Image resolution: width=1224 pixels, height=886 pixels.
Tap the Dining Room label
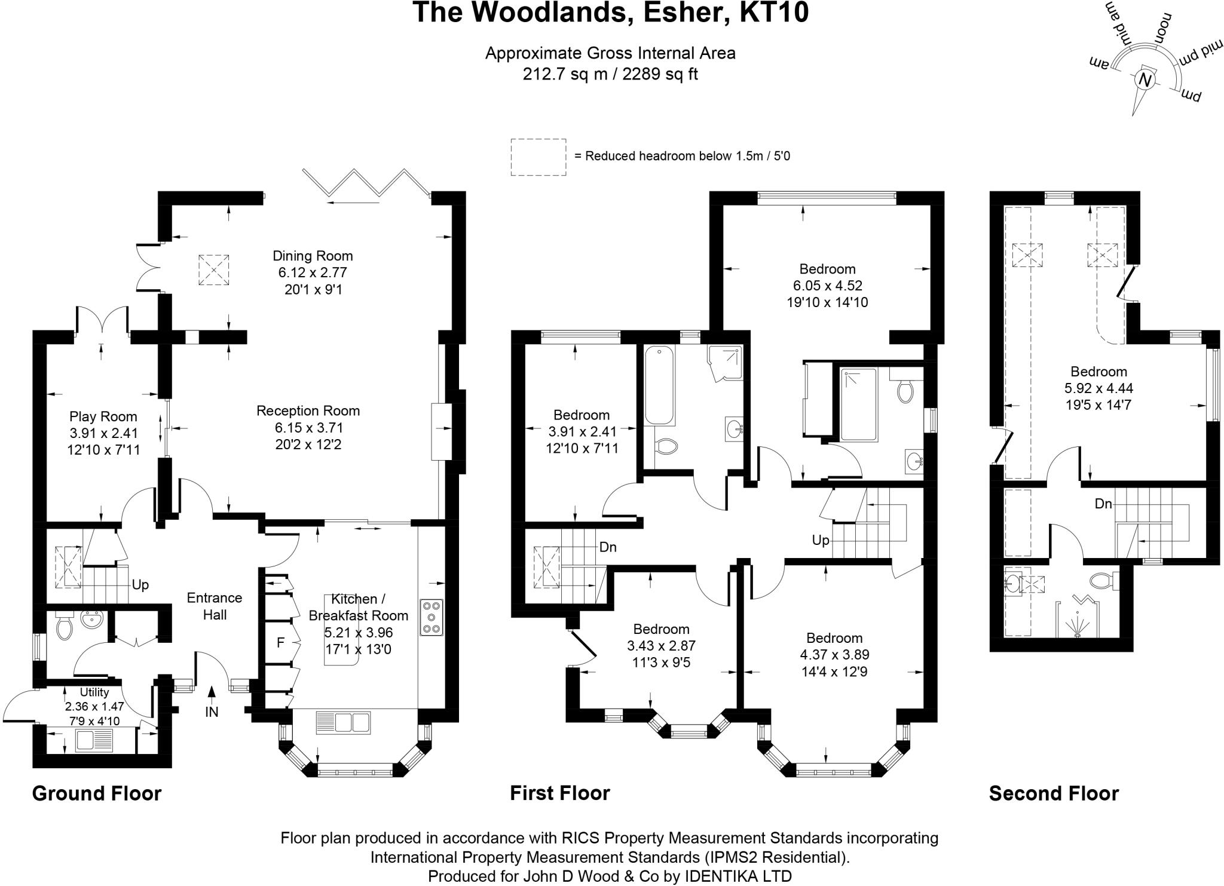tap(313, 256)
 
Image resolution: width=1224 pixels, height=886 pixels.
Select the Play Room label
tap(103, 416)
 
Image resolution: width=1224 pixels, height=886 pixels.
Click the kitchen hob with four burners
tap(432, 617)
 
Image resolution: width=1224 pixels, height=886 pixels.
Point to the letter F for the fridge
tap(280, 643)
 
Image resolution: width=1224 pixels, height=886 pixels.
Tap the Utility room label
tap(94, 692)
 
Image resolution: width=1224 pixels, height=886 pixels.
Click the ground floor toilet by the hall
tap(64, 627)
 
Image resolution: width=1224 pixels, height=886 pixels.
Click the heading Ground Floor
tap(97, 793)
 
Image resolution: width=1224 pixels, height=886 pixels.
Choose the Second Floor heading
tap(1054, 793)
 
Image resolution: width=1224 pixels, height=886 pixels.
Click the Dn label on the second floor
tap(1103, 504)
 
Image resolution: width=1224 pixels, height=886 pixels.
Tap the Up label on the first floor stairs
tap(821, 540)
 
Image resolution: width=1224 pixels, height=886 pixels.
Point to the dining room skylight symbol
tap(214, 270)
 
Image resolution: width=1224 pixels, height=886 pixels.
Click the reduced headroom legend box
tap(538, 157)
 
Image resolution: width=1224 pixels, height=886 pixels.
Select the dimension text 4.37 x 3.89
tap(834, 655)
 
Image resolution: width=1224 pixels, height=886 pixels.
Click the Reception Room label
tap(308, 411)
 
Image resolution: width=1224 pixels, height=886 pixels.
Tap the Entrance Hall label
tap(215, 606)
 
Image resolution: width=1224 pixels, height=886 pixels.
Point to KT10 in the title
tap(775, 13)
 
